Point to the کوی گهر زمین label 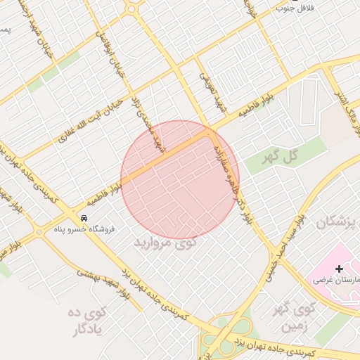click(x=295, y=317)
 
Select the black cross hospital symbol click(x=339, y=268)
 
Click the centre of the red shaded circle click(x=180, y=179)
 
